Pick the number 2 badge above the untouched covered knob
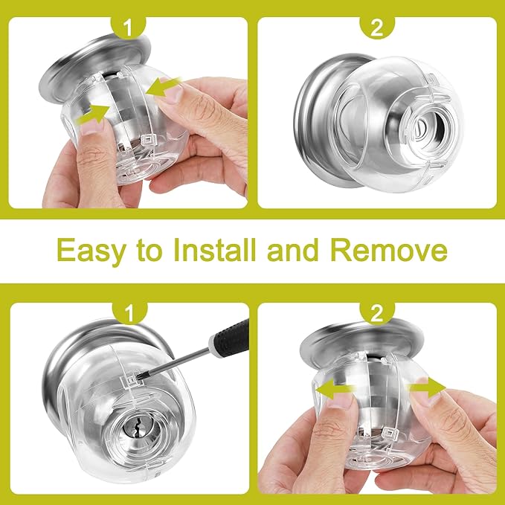(x=377, y=28)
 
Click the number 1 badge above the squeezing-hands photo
(x=126, y=28)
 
